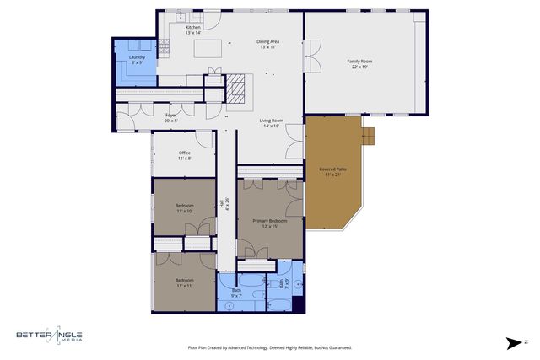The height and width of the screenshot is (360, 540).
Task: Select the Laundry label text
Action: (137, 59)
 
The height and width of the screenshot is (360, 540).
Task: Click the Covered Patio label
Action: (332, 171)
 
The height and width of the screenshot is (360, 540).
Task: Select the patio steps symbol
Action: (368, 135)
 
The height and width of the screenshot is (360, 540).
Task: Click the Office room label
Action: (184, 155)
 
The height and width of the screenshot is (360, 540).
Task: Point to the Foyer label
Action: (170, 117)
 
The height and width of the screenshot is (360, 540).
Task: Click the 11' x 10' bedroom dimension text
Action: (184, 211)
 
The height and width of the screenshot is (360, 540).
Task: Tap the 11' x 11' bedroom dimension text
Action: (184, 286)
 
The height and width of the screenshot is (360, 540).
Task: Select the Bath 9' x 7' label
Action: (236, 293)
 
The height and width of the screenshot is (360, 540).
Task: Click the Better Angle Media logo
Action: (49, 336)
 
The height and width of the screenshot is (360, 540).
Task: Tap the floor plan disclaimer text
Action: (269, 347)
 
